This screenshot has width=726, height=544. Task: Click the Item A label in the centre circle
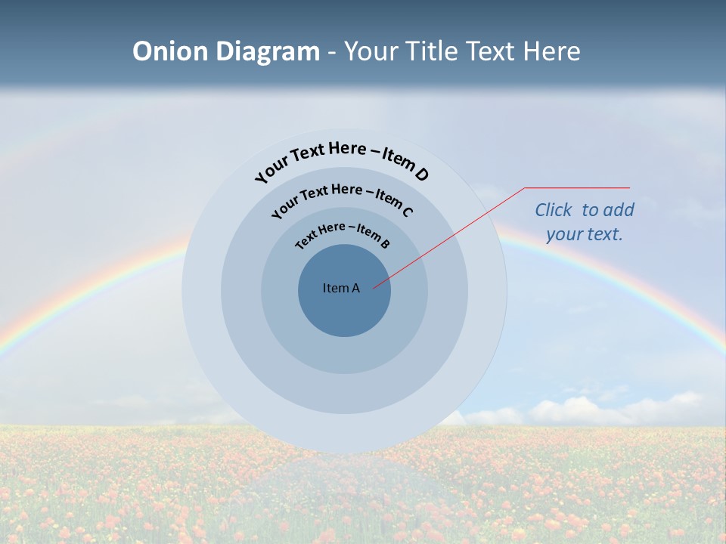coord(341,288)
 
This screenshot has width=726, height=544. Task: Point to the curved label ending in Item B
coord(343,234)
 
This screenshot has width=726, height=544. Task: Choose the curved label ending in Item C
coord(342,198)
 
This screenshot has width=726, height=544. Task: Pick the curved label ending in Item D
coord(342,159)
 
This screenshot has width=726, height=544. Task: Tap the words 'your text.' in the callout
coord(584,234)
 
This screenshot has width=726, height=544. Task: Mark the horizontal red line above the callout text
coord(577,187)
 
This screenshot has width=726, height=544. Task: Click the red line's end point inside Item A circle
coord(374,287)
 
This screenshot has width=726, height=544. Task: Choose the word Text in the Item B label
coord(306,240)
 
